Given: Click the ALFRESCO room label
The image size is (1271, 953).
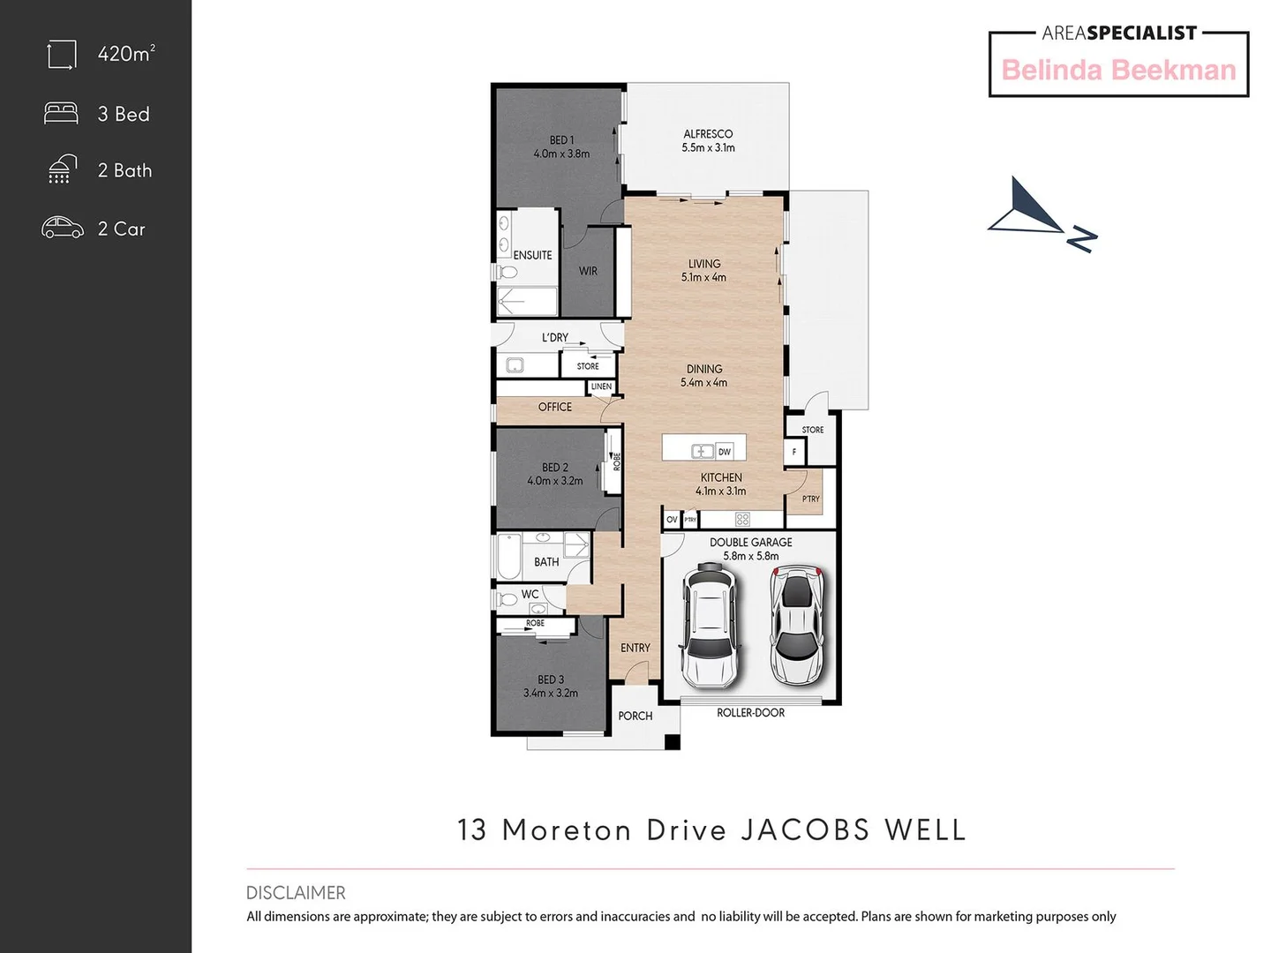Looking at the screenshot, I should click(x=708, y=134).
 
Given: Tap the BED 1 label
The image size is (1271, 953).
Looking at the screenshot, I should click(x=561, y=140).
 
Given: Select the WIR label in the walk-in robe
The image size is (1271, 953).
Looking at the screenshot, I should click(x=588, y=271).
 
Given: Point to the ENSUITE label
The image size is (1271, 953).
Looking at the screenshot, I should click(x=532, y=255).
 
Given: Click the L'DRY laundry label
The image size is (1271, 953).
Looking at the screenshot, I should click(x=555, y=337).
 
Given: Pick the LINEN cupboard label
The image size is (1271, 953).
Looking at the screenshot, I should click(x=601, y=386).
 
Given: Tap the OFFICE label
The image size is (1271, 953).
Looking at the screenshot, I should click(x=555, y=407).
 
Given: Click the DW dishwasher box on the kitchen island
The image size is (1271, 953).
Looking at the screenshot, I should click(x=724, y=452).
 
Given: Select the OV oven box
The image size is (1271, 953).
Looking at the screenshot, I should click(x=672, y=520).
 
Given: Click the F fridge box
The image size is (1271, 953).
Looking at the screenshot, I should click(x=793, y=452).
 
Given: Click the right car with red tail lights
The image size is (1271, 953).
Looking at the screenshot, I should click(x=796, y=626).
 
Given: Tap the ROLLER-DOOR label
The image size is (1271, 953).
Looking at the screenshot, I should click(x=750, y=713).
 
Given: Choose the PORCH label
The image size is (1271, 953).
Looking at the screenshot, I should click(x=635, y=716).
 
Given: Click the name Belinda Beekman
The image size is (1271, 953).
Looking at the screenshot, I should click(x=1118, y=70).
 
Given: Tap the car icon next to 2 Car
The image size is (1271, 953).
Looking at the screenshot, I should click(x=63, y=228).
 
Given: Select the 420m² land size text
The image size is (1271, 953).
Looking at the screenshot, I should click(x=126, y=54).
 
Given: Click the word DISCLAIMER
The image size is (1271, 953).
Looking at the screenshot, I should click(x=296, y=892).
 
